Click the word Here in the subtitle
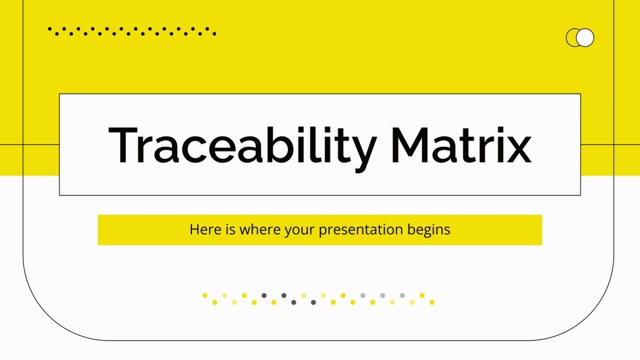tap(203, 230)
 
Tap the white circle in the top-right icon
tap(585, 38)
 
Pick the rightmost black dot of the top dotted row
tap(214, 34)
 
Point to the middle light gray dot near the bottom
tap(382, 295)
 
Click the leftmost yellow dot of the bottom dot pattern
tap(205, 295)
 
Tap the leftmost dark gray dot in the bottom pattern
tap(264, 295)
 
